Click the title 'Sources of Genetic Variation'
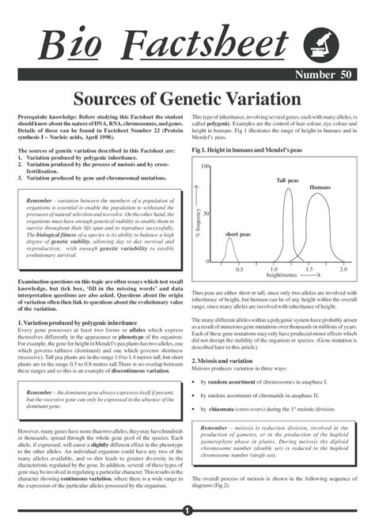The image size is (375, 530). coord(187,97)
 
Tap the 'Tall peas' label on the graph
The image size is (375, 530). coord(287,181)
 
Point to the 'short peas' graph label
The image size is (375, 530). coord(237,235)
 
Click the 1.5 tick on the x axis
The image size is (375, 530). coord(309,270)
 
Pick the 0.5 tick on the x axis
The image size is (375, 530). coord(239,270)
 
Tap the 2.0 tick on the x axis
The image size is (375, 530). coord(343,270)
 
